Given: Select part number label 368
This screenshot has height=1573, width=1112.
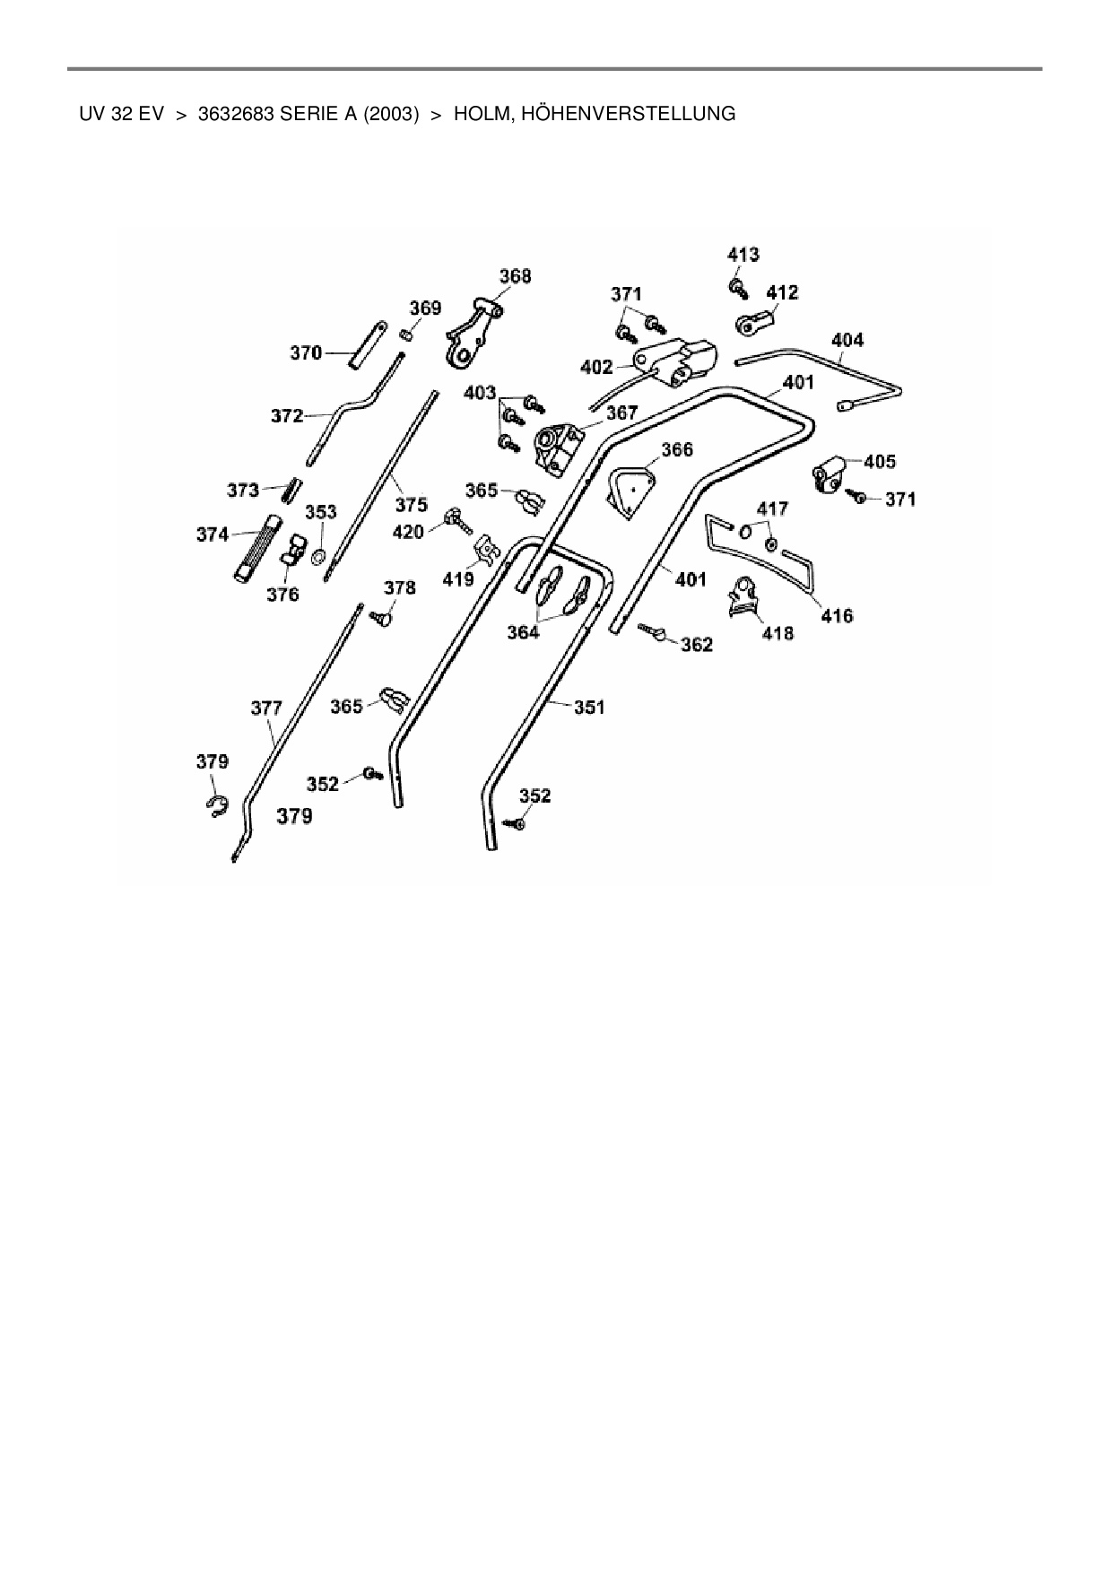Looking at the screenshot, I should point(515,276).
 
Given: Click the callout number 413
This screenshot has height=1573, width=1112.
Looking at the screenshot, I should point(743,255).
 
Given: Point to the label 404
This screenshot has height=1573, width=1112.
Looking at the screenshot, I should point(847,340).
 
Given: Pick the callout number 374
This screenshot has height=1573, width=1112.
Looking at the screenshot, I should point(213,534).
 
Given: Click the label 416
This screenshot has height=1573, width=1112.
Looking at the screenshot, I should point(837,616).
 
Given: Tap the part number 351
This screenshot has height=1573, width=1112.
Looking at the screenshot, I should point(589,707).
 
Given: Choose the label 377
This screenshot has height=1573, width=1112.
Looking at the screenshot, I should point(266,708).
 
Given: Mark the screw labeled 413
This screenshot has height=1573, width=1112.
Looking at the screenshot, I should point(739,288).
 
